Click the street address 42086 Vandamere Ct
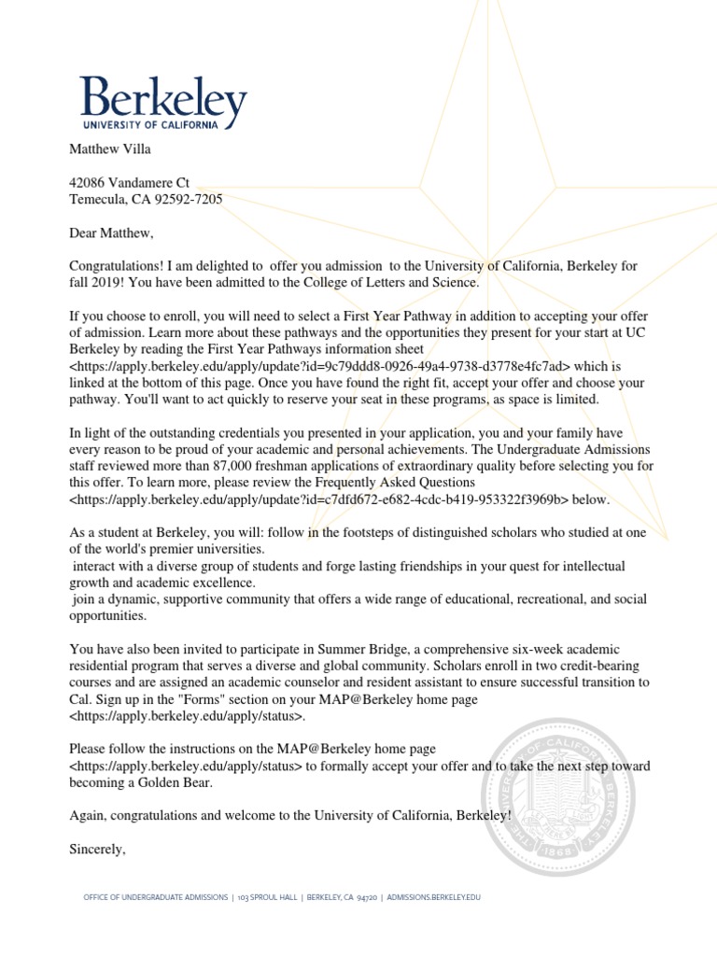(130, 184)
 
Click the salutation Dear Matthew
(110, 232)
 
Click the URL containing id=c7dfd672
(318, 499)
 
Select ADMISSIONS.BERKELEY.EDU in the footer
(433, 897)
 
